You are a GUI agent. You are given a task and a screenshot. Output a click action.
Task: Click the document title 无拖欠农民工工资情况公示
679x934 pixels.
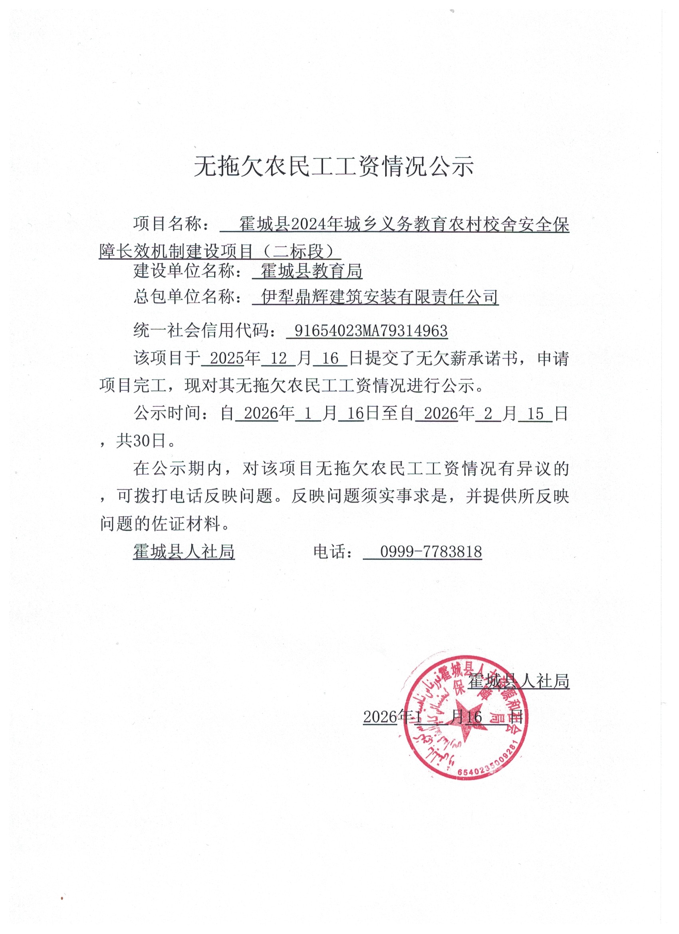coord(334,167)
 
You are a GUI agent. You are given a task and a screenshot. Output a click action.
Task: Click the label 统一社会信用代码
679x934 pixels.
coord(201,331)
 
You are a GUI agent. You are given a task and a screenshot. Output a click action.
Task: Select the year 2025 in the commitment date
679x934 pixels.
coord(227,358)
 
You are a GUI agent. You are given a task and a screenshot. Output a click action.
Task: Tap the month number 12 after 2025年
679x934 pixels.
coord(279,358)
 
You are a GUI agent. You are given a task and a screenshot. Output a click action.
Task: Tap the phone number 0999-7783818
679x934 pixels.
coord(431,551)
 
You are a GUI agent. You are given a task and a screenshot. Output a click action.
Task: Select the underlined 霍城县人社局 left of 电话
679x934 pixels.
coord(184,551)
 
